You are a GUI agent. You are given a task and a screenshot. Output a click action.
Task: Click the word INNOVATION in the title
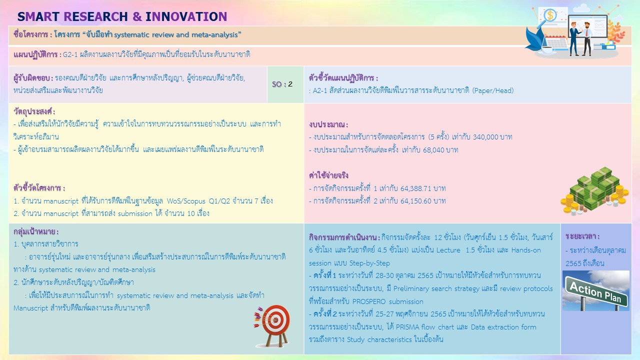(186, 16)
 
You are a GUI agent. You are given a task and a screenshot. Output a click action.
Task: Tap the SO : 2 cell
(282, 84)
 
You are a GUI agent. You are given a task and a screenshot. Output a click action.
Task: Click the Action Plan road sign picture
(595, 290)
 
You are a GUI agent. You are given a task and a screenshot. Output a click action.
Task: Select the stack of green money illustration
(594, 191)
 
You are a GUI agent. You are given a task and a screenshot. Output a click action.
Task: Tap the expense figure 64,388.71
(415, 188)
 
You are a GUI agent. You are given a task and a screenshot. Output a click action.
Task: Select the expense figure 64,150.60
(415, 201)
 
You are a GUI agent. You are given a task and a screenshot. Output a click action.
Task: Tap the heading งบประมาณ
(328, 124)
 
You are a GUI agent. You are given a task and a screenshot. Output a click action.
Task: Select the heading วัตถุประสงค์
(34, 111)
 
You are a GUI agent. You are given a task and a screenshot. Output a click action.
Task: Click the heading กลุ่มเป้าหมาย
(36, 231)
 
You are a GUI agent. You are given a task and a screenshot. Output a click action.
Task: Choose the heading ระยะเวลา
(582, 236)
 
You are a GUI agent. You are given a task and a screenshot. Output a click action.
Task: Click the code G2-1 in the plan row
(70, 54)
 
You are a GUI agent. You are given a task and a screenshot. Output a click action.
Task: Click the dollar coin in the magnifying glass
(550, 15)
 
